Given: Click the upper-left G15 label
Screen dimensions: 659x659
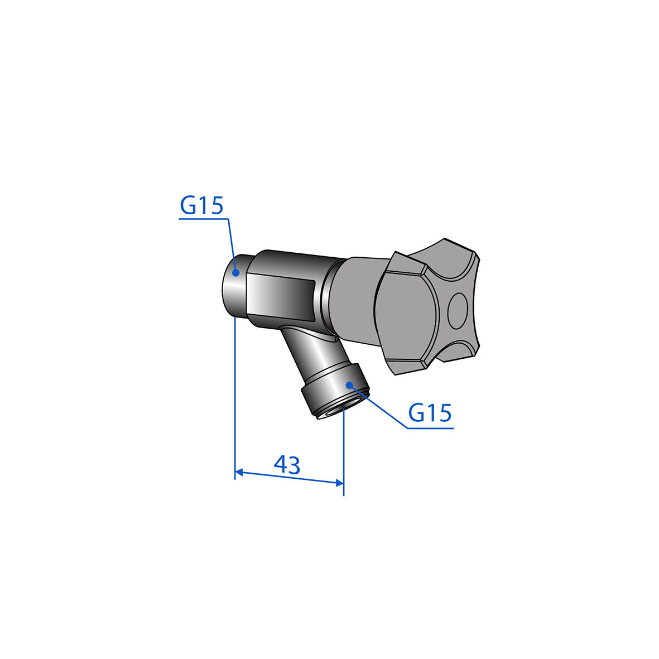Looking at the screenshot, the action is [202, 205].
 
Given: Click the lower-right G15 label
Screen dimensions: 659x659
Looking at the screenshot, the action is [430, 413].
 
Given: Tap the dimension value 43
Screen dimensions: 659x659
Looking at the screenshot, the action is [287, 465].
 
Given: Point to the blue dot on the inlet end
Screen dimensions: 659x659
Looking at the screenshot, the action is [236, 273].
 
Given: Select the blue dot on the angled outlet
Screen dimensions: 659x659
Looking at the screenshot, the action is [349, 384].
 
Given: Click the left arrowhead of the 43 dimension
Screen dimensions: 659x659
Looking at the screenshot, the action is [239, 473].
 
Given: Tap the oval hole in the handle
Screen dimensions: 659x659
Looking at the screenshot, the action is [457, 311].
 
